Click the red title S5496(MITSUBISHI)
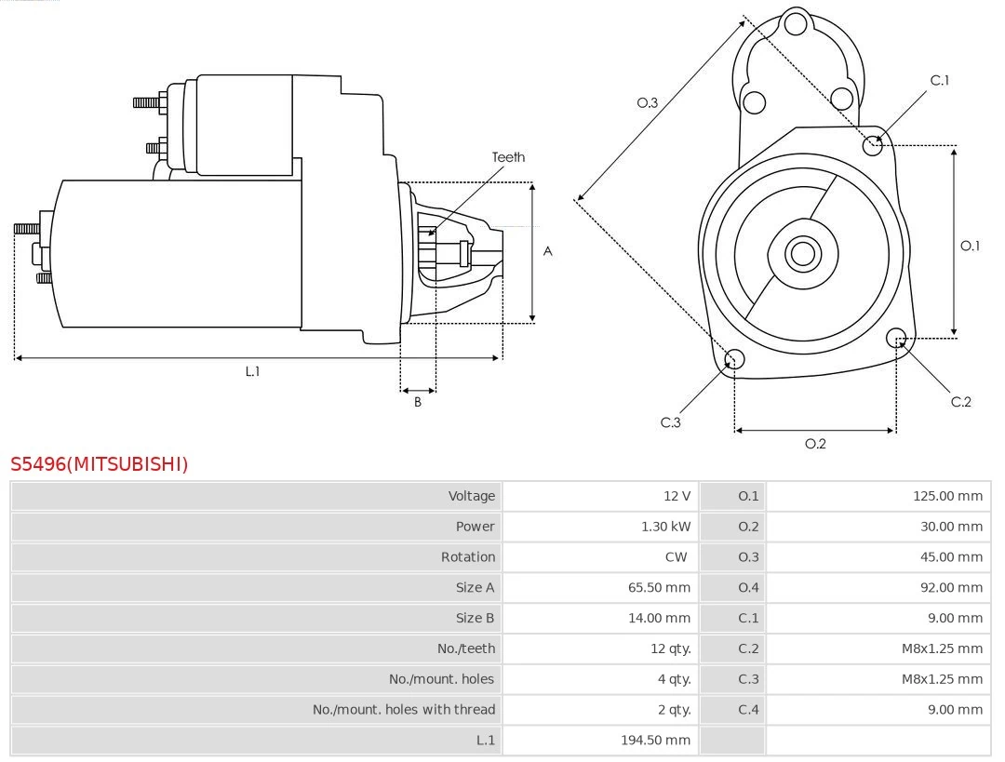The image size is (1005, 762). pyautogui.click(x=99, y=463)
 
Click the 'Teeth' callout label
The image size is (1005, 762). pyautogui.click(x=508, y=157)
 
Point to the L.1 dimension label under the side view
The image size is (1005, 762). pyautogui.click(x=252, y=371)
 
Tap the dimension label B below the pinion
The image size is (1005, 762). pyautogui.click(x=418, y=402)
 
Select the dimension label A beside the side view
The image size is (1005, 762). pyautogui.click(x=547, y=251)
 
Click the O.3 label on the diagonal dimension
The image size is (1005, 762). pyautogui.click(x=647, y=102)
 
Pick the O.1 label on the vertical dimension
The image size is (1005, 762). pyautogui.click(x=970, y=246)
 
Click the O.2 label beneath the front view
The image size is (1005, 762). pyautogui.click(x=815, y=444)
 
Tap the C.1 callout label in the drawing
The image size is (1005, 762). pyautogui.click(x=940, y=80)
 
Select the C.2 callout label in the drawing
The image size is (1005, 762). pyautogui.click(x=960, y=401)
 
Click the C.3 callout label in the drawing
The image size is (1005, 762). pyautogui.click(x=671, y=422)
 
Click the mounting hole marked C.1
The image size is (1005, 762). pyautogui.click(x=873, y=144)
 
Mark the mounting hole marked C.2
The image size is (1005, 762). pyautogui.click(x=896, y=337)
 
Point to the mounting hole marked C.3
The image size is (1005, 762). pyautogui.click(x=734, y=359)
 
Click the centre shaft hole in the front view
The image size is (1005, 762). pyautogui.click(x=801, y=252)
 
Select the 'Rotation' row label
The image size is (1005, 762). pyautogui.click(x=467, y=557)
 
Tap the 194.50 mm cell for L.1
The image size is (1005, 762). pyautogui.click(x=655, y=740)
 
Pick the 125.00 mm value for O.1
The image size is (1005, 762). pyautogui.click(x=947, y=496)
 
